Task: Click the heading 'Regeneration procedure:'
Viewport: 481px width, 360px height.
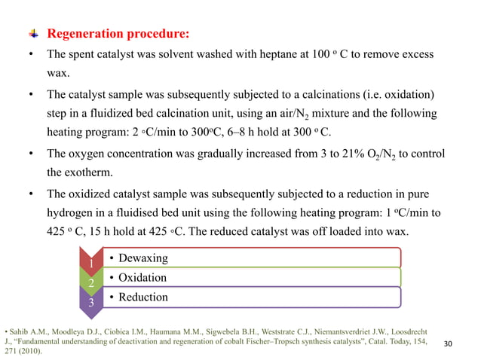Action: (118, 35)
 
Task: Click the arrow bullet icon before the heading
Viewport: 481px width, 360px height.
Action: (33, 35)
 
